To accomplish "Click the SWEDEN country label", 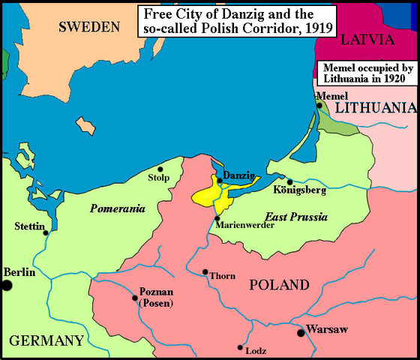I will (90, 27).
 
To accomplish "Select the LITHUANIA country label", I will (375, 108).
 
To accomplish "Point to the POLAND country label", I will (279, 285).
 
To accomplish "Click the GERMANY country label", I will (46, 340).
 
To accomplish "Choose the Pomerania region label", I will (117, 209).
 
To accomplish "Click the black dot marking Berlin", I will (7, 285).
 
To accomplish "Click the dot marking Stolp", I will (160, 169).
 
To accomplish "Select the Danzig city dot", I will (220, 181).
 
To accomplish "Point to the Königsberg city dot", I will (289, 181).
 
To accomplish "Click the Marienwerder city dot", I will (217, 215).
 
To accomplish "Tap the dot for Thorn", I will (205, 272).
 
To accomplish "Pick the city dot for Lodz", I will (240, 347).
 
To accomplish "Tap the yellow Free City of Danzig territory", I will (204, 196).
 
